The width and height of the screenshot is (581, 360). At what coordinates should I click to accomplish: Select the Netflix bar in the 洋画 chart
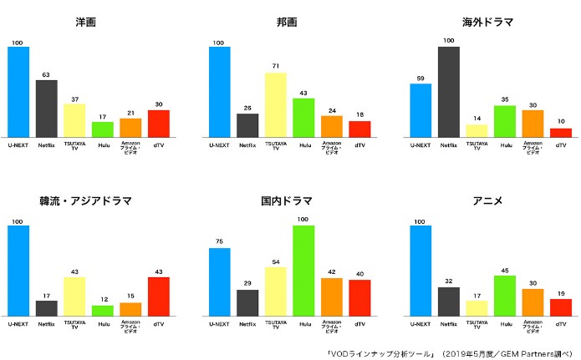[46, 109]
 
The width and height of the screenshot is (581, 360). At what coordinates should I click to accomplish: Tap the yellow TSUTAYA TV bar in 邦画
[276, 104]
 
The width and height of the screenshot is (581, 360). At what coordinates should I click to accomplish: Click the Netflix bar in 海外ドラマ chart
[449, 92]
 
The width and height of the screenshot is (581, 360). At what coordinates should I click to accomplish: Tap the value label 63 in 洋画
[46, 75]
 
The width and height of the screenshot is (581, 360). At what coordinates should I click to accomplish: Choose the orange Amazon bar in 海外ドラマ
[533, 124]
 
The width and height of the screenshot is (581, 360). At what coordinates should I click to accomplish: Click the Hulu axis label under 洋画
[103, 145]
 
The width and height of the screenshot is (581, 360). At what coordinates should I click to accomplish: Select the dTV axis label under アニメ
[561, 323]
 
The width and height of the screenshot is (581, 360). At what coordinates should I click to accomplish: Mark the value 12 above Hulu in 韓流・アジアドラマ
[103, 300]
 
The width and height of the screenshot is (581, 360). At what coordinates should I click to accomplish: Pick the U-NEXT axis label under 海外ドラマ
[420, 145]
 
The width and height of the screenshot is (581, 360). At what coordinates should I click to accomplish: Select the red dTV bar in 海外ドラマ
[561, 132]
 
